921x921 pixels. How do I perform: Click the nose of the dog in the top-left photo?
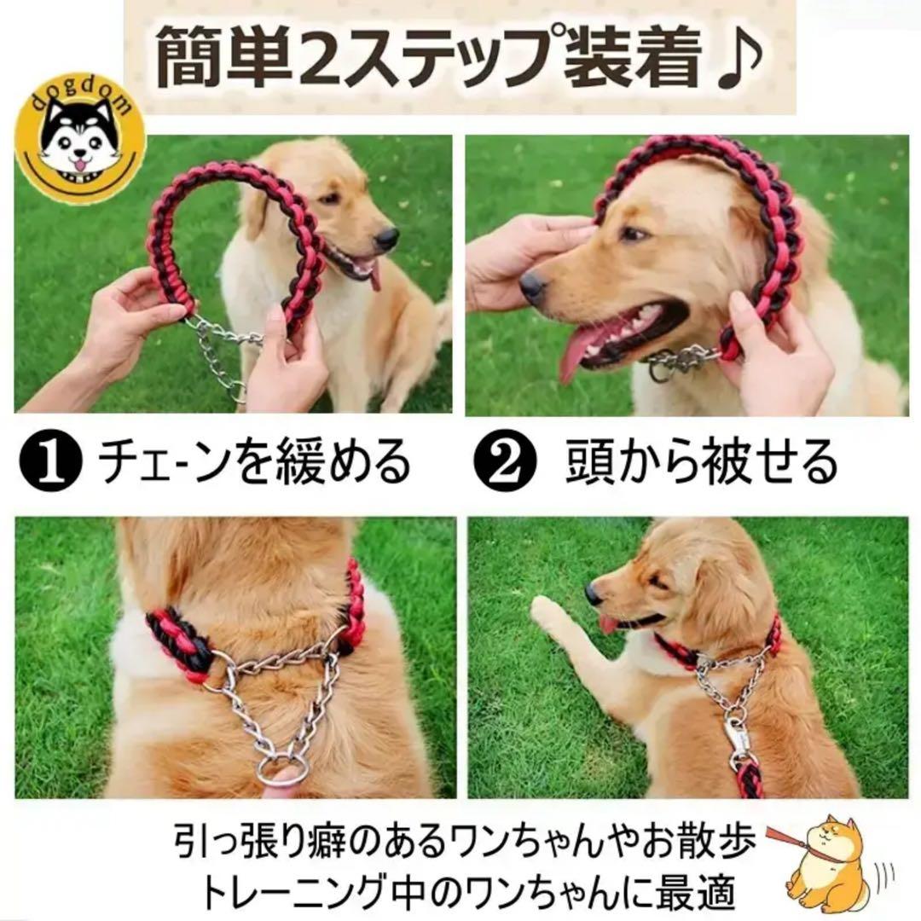[386, 238]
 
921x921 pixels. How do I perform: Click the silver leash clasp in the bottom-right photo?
[738, 742]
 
